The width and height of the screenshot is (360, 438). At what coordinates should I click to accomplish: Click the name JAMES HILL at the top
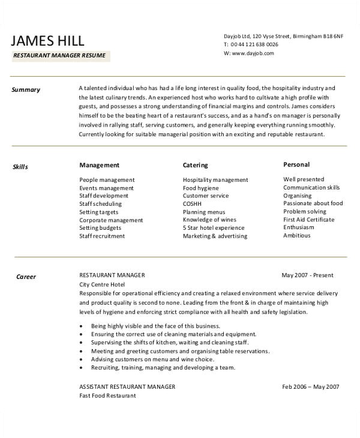pos(48,40)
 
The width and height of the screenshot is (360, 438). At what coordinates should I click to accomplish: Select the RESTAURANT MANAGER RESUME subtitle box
pos(59,56)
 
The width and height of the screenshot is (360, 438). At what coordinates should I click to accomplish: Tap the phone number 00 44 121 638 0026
pos(255,44)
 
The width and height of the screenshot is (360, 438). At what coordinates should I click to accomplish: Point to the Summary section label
pos(26,90)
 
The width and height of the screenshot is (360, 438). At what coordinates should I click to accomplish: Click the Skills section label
pos(20,167)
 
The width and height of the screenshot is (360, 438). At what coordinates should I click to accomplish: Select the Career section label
pos(26,277)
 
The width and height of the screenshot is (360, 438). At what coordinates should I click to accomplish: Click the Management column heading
pos(99,165)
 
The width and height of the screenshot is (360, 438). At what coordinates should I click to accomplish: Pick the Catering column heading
pos(195,165)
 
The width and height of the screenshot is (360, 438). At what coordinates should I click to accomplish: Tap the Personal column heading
pos(296,164)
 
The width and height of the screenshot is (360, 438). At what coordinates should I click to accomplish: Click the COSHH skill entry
pos(193,204)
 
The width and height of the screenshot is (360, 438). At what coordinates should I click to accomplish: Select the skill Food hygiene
pos(201,188)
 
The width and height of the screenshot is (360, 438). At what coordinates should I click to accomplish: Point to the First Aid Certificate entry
pos(308,220)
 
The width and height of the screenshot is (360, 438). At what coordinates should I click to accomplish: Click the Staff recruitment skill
pos(102,236)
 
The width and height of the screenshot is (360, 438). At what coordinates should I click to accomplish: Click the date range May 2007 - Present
pos(307,275)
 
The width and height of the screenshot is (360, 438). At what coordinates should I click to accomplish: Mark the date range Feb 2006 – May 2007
pos(311,387)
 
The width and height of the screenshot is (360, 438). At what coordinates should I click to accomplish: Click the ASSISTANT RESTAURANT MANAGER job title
pos(127,387)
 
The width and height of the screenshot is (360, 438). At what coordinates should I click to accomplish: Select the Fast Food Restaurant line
pos(107,396)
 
